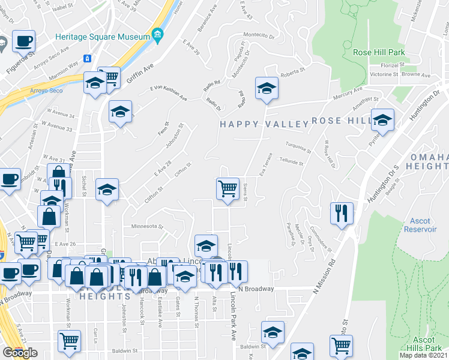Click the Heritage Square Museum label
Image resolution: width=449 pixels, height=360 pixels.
coord(102,37)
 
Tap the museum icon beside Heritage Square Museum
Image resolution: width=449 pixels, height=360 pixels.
coord(157,35)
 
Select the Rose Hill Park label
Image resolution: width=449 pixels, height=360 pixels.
coord(379,52)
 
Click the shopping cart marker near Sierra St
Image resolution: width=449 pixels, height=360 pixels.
coord(228,188)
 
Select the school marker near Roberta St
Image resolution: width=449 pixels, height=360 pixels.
coord(267,89)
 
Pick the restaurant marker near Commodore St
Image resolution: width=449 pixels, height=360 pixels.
coord(341,213)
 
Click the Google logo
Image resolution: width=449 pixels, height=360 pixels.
coord(20,353)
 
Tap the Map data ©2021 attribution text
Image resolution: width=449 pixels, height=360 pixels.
coord(423,355)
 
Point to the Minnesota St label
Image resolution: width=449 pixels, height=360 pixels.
coord(148,227)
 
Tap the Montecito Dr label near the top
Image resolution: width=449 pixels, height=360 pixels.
coord(259,34)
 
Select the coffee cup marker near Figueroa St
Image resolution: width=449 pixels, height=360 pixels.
coord(23,41)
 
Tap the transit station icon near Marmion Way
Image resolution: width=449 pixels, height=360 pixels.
coord(88,58)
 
